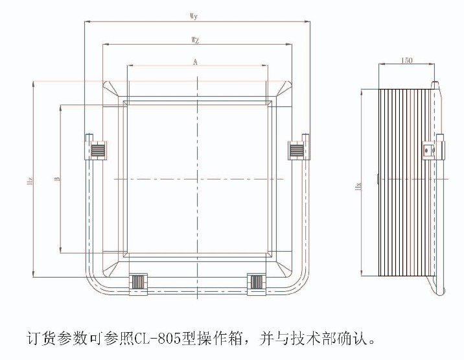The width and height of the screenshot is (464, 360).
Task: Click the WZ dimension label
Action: tap(196, 40)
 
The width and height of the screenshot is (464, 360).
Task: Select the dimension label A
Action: tap(196, 62)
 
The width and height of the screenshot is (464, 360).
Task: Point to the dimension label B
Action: tap(57, 178)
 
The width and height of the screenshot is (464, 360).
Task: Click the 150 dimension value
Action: tap(406, 60)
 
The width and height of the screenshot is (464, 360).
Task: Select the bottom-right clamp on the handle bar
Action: tap(257, 283)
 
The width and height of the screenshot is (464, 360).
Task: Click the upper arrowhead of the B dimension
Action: tap(60, 106)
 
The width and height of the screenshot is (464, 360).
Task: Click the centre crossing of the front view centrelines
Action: tap(196, 178)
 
